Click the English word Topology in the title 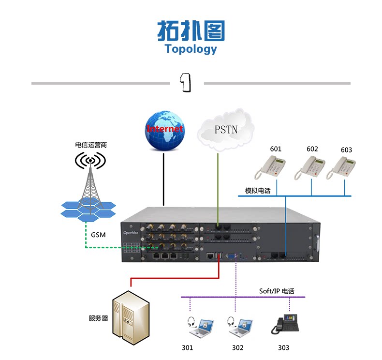click(191, 49)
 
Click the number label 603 click(346, 150)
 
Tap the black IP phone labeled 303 click(285, 323)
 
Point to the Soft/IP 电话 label click(276, 291)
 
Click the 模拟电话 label click(258, 191)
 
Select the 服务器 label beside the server click(98, 318)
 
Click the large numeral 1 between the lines click(187, 83)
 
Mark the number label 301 click(187, 347)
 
